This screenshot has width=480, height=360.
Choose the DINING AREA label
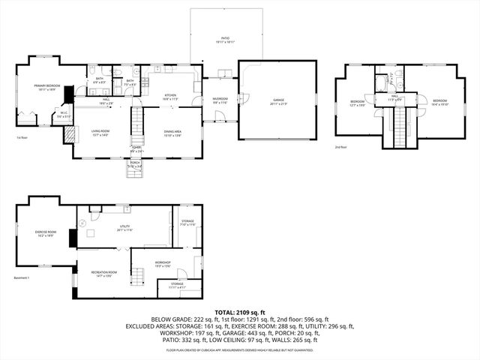pos(173,133)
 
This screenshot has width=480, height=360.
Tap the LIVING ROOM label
pos(101,133)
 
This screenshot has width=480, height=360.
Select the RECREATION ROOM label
pos(103,274)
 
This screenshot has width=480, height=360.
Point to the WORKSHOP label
pos(163,263)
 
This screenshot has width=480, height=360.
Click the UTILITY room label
pos(125,228)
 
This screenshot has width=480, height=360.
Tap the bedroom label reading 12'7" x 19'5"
pos(358,103)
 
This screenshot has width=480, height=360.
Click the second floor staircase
pos(400,124)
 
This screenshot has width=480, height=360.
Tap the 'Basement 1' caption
pos(22,278)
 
